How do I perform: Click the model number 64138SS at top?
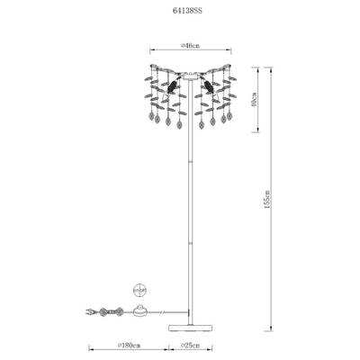click(187, 11)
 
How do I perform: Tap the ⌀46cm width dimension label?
click(191, 46)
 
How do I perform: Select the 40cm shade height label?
click(254, 99)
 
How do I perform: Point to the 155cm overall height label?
click(267, 198)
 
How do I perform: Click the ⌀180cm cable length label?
click(130, 346)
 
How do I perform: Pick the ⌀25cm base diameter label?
click(190, 346)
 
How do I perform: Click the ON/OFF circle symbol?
click(139, 290)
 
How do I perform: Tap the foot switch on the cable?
click(139, 310)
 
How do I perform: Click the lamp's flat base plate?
click(190, 328)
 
